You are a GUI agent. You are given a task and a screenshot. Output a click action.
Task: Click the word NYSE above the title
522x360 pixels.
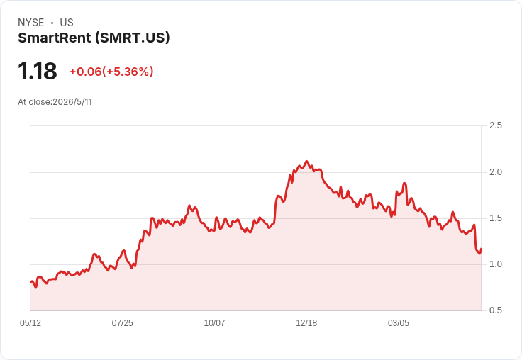(31, 23)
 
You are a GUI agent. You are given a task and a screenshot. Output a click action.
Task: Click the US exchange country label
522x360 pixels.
(67, 23)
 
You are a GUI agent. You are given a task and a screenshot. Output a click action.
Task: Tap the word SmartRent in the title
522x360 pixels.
(55, 38)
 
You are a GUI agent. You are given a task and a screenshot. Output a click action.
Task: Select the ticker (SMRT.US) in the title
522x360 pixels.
(132, 38)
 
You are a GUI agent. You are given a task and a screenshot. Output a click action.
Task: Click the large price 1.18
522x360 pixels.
(38, 71)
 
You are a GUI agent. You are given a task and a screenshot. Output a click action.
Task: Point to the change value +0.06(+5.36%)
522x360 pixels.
(111, 72)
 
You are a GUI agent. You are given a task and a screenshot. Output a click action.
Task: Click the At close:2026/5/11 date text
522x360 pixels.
(55, 102)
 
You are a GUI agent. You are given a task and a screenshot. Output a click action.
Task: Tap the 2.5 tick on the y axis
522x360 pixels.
(495, 125)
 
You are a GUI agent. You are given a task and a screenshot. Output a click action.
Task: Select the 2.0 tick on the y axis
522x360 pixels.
(495, 172)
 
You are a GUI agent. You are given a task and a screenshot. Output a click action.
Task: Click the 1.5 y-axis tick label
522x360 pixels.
(495, 218)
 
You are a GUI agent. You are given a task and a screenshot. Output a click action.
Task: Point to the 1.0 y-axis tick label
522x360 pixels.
(495, 264)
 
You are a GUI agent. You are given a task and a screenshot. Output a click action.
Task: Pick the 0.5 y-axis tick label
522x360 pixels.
(495, 310)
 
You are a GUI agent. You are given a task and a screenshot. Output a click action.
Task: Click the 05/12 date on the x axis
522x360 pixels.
(30, 323)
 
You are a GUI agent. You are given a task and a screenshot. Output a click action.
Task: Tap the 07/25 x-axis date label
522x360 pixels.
(123, 323)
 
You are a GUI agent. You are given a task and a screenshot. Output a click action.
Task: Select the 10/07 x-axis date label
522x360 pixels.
(214, 323)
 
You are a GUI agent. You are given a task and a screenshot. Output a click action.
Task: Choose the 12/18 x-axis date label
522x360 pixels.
(306, 323)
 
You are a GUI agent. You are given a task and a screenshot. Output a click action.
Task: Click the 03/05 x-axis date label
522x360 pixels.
(399, 323)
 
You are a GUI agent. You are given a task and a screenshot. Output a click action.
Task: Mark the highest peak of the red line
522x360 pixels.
(307, 162)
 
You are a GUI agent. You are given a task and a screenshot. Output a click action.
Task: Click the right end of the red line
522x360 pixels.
(482, 249)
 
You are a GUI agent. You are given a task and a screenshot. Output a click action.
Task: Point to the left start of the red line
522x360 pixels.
(31, 282)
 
